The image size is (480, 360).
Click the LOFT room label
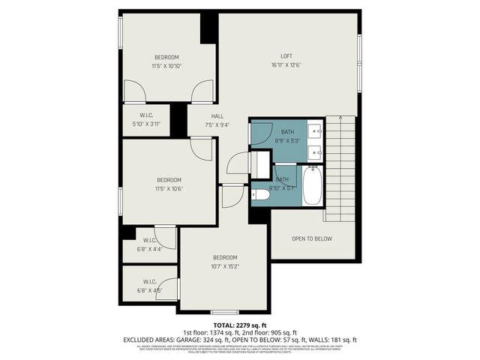click(x=286, y=56)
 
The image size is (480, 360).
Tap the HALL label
click(x=217, y=116)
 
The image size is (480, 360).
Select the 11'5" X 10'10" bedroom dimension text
click(x=167, y=66)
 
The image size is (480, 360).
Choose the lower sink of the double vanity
click(x=316, y=151)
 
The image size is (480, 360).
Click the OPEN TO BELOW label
click(x=311, y=238)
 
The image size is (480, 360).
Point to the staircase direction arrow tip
click(x=339, y=117)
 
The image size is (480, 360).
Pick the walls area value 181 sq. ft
click(x=337, y=339)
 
